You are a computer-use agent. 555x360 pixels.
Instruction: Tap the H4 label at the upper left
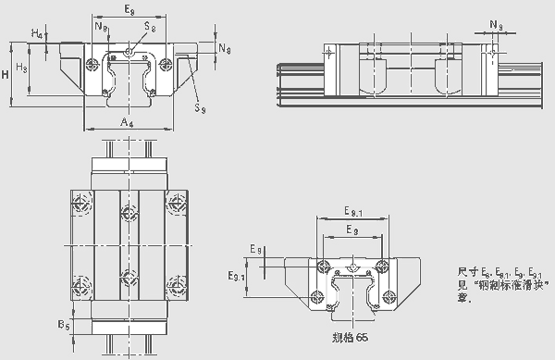pyautogui.click(x=35, y=34)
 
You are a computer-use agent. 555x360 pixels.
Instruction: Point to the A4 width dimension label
pyautogui.click(x=128, y=120)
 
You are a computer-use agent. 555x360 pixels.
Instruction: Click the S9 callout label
pyautogui.click(x=199, y=108)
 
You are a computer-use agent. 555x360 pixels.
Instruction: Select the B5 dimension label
pyautogui.click(x=61, y=326)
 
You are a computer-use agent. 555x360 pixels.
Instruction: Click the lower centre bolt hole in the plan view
pyautogui.click(x=127, y=277)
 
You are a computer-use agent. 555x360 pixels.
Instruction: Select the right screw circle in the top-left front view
pyautogui.click(x=165, y=64)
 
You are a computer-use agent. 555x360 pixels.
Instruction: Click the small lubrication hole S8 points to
pyautogui.click(x=129, y=52)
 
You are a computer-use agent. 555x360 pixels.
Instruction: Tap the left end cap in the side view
pyautogui.click(x=329, y=54)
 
